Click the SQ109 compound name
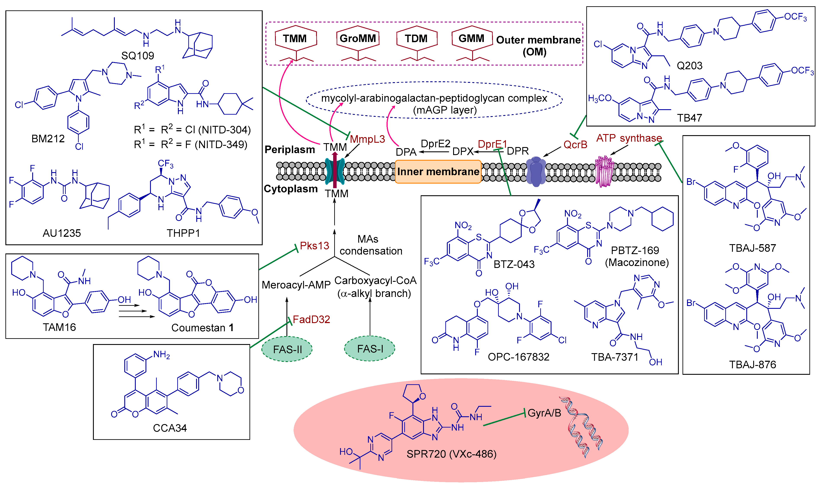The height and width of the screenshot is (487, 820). click(x=137, y=55)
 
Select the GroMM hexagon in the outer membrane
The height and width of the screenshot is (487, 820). click(x=358, y=38)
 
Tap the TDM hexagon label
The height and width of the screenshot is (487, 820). click(x=416, y=38)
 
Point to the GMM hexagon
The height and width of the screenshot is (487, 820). click(x=472, y=38)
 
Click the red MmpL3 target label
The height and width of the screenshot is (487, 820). click(x=367, y=139)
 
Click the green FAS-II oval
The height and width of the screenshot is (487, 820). click(x=287, y=349)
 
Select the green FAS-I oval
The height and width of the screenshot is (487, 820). click(x=370, y=349)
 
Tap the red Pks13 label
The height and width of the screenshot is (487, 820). click(x=314, y=245)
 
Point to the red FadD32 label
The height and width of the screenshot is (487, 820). click(x=311, y=319)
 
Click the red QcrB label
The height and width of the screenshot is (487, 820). click(x=575, y=145)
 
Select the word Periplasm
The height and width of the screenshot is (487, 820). click(x=290, y=150)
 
